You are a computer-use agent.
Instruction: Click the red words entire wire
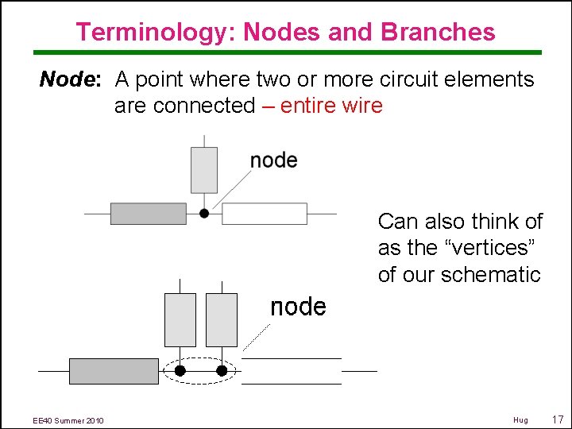tap(331, 106)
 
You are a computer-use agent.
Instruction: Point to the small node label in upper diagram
tap(273, 160)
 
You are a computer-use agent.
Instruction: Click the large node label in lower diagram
tap(298, 307)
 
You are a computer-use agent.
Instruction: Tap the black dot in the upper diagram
tap(204, 213)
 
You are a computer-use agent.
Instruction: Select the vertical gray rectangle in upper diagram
tap(204, 169)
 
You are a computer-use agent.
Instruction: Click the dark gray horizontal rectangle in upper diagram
tap(148, 213)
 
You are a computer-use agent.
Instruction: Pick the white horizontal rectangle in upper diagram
tap(264, 213)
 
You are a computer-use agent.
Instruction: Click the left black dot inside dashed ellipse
tap(180, 370)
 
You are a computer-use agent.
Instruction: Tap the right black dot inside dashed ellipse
tap(222, 370)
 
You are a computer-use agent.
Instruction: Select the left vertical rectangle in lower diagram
tap(180, 319)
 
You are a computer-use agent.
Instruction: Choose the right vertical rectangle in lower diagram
tap(221, 319)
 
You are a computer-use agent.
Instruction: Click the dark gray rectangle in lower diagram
tap(102, 371)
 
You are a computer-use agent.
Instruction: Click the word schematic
tap(492, 275)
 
